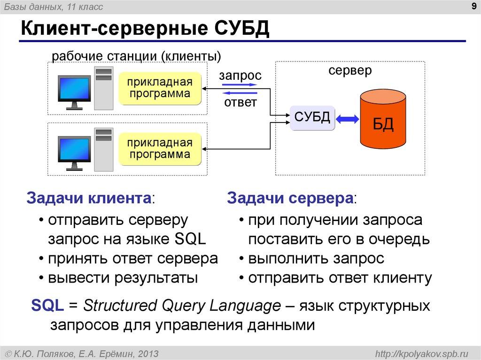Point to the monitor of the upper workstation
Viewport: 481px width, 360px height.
coord(74,88)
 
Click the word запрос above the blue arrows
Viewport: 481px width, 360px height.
coord(240,76)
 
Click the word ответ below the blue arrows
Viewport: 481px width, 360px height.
coord(240,102)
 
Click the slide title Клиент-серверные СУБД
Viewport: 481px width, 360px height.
coord(144,29)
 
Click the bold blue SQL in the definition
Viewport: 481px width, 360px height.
coord(47,306)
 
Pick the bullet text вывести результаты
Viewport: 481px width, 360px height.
coord(123,278)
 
